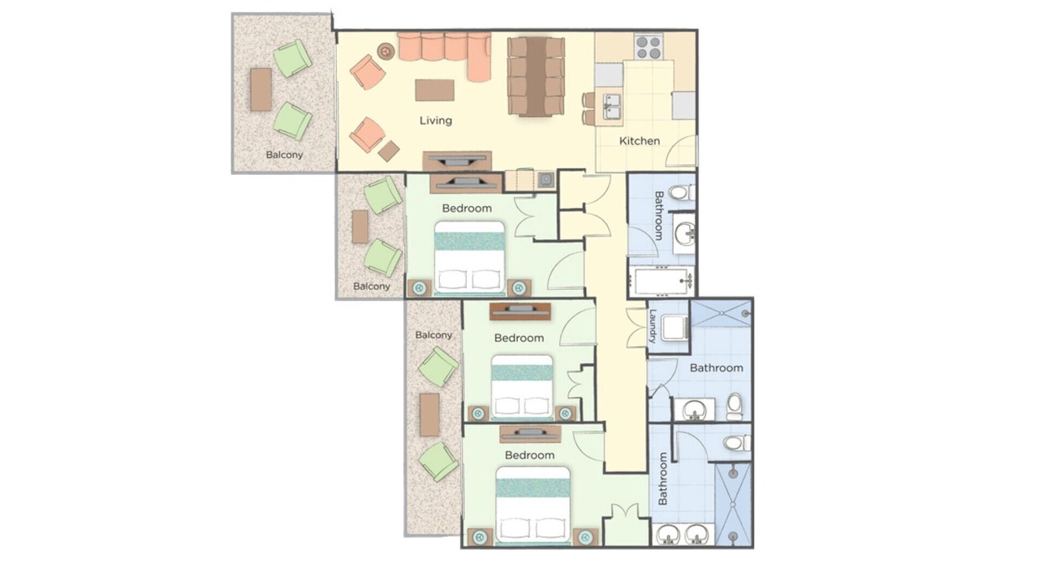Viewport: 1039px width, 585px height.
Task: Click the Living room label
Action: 436,121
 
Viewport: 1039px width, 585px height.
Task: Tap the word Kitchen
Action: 640,141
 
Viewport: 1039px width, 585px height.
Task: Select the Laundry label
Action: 653,326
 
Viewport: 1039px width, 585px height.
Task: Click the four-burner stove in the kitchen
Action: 649,47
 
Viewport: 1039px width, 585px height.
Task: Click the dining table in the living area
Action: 537,76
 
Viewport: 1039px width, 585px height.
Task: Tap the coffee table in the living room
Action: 434,90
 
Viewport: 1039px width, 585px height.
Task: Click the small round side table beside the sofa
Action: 386,50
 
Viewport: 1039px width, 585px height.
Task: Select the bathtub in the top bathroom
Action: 661,281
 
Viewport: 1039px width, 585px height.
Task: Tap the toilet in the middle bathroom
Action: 735,407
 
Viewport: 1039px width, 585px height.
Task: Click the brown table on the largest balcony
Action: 261,89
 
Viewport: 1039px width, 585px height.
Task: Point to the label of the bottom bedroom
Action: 530,455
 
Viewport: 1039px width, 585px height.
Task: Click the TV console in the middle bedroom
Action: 520,311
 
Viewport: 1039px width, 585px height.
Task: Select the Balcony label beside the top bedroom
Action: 372,287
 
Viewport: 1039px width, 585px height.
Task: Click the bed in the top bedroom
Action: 469,258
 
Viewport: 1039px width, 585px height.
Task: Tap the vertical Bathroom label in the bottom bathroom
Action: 663,479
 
